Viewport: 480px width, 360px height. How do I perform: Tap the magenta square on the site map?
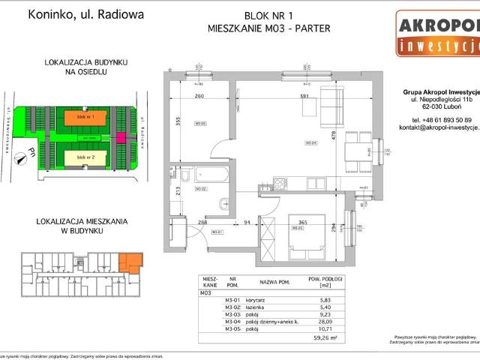[121, 138]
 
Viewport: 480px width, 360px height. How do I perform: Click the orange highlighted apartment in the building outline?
[133, 262]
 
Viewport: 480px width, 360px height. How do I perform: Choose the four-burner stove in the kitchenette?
[280, 184]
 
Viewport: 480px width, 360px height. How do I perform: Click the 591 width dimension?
[283, 96]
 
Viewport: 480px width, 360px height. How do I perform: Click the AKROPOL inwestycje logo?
[438, 33]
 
